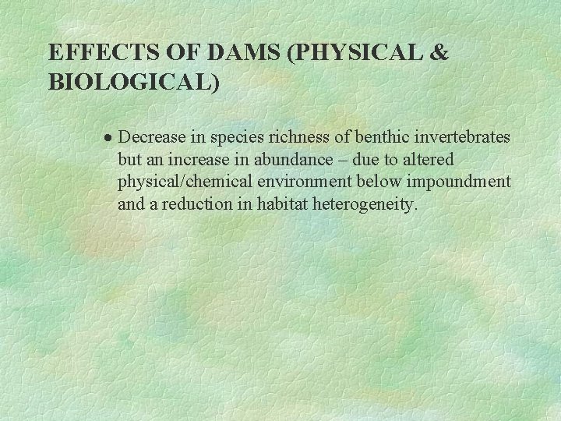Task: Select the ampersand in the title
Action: pos(439,53)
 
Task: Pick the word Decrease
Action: pos(153,137)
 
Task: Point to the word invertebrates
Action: pos(465,137)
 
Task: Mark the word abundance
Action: pos(299,160)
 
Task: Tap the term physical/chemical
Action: pos(181,182)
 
